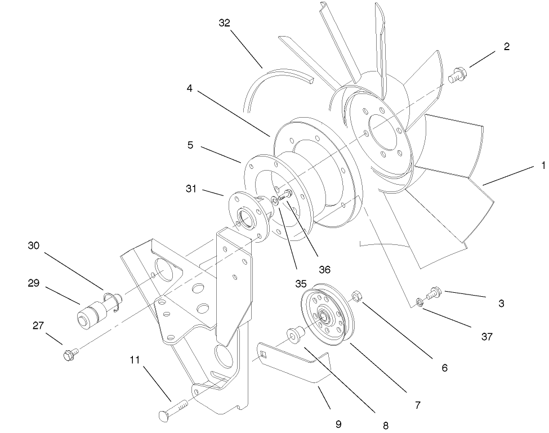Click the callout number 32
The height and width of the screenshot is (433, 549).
click(x=225, y=23)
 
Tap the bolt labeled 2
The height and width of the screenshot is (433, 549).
click(x=457, y=74)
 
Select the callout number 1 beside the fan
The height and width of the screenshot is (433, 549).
click(x=543, y=166)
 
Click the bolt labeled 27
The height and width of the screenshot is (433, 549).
click(x=70, y=355)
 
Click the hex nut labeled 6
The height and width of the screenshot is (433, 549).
click(x=356, y=296)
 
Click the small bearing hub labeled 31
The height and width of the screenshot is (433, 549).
click(x=246, y=215)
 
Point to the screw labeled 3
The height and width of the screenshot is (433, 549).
click(x=434, y=293)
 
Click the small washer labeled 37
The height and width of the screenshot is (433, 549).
click(x=420, y=303)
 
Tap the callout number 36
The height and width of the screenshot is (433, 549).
click(x=324, y=270)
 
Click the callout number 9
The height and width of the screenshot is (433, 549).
click(x=338, y=424)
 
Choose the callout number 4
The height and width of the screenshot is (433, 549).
click(x=190, y=88)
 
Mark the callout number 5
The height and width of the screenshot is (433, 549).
click(x=190, y=145)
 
